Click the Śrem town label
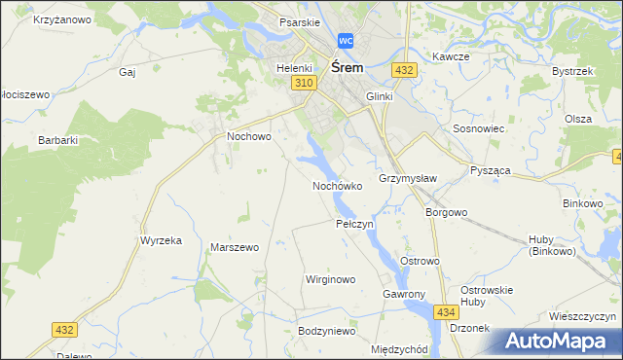pos(348,68)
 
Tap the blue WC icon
pos(346,41)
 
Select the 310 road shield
pos(303,85)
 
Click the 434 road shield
pos(446,311)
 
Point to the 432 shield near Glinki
pos(405,70)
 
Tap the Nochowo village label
pos(248,137)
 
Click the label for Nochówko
pos(338,185)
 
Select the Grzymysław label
pos(408,179)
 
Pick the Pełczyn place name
pos(354,224)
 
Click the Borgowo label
pos(447,211)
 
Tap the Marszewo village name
pos(235,247)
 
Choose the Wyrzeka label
pos(162,240)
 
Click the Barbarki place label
pos(57,140)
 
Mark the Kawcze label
pos(452,56)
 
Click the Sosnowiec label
pos(477,128)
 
